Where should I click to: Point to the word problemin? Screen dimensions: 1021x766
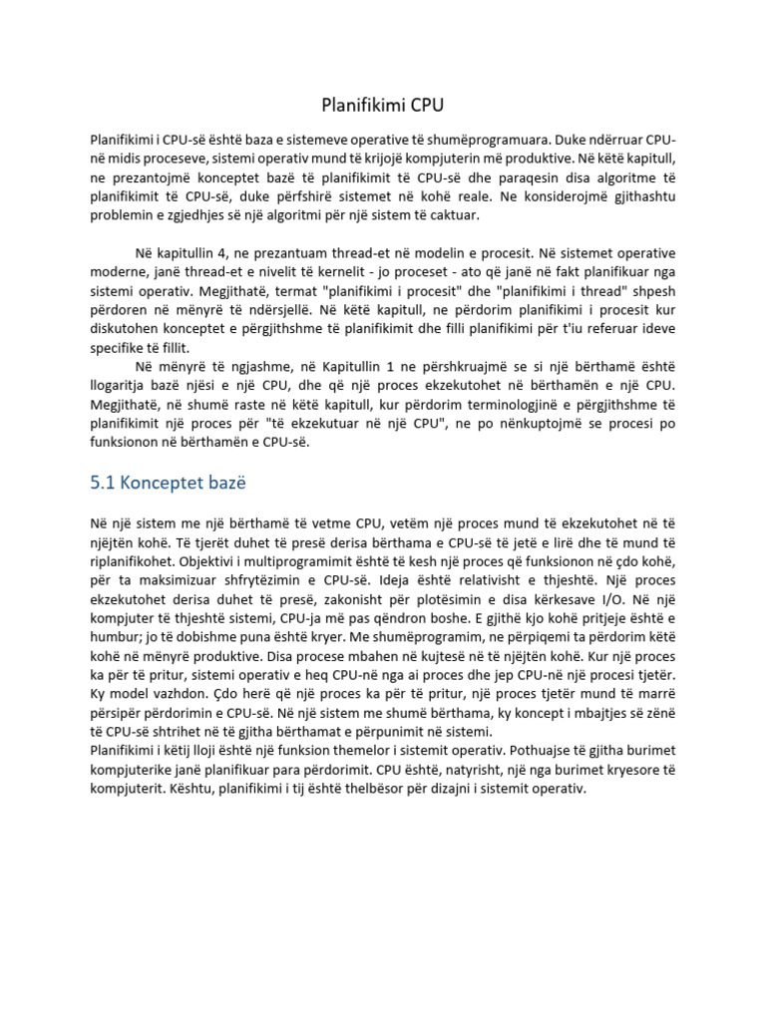123,214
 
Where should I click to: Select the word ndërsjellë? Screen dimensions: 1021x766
284,309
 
